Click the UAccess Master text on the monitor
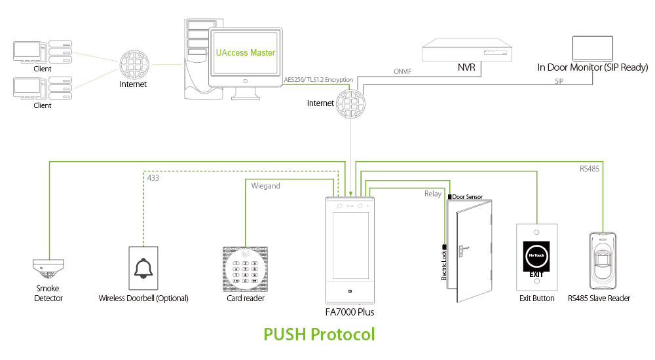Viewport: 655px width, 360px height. [x=246, y=52]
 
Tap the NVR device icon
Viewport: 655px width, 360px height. [x=466, y=50]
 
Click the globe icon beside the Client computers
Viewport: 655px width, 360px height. [x=133, y=64]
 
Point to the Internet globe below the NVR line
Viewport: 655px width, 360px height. [x=350, y=103]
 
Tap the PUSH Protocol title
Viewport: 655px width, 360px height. [x=319, y=334]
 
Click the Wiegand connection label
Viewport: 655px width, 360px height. [x=265, y=186]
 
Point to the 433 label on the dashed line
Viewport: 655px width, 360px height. [x=153, y=177]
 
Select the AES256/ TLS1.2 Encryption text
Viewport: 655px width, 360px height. [x=318, y=80]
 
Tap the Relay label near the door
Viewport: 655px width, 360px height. [x=433, y=194]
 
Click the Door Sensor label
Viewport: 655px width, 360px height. [x=467, y=196]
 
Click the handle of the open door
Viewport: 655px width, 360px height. [x=462, y=249]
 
